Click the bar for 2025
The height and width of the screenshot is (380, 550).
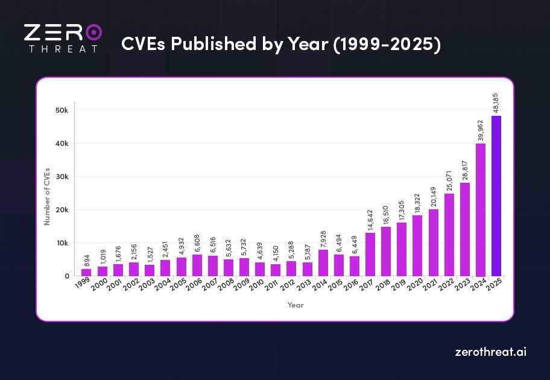point(496,196)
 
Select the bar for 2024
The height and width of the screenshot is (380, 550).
point(481,210)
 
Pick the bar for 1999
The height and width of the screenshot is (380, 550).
point(86,273)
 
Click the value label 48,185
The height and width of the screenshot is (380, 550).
point(496,103)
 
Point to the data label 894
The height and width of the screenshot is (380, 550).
point(86,261)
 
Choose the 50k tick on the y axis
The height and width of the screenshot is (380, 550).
point(62,110)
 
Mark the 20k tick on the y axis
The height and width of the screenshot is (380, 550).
point(62,210)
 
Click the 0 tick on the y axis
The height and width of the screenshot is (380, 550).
point(67,276)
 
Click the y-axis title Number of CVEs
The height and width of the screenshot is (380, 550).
point(47,197)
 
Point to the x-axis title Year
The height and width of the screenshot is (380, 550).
point(296,305)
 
